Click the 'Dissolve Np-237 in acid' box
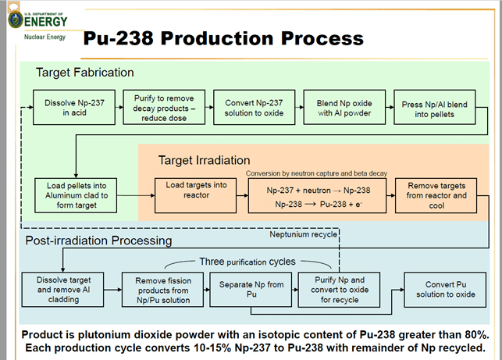[x=74, y=107]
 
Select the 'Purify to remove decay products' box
[x=164, y=107]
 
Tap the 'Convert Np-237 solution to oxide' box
[x=255, y=107]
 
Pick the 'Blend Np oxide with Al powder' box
[x=344, y=107]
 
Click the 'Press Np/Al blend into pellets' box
[x=435, y=107]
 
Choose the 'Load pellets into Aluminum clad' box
[x=76, y=195]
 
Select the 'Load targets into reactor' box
[x=196, y=195]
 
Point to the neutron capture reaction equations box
[x=317, y=195]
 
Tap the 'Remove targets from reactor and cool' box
[x=436, y=195]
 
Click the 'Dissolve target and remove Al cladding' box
[x=62, y=290]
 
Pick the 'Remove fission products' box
[x=162, y=290]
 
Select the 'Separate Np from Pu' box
[x=251, y=290]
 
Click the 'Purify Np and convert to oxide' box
[x=339, y=290]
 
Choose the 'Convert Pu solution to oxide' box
[x=445, y=290]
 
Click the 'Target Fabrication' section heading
[x=85, y=73]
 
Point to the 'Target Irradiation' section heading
[x=205, y=160]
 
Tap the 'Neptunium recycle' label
[x=303, y=234]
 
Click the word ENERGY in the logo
[x=46, y=22]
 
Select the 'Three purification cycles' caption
[x=247, y=262]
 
